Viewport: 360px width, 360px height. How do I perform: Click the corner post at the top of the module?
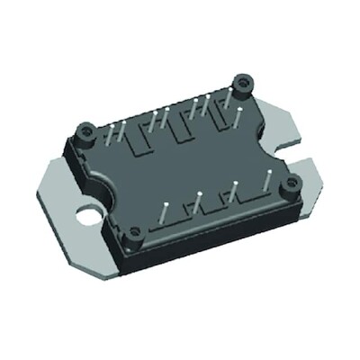point(241,86)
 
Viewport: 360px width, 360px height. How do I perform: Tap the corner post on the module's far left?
point(85,134)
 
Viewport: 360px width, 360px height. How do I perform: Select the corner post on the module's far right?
point(290,187)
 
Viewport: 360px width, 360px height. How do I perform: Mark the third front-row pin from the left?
point(234,191)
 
